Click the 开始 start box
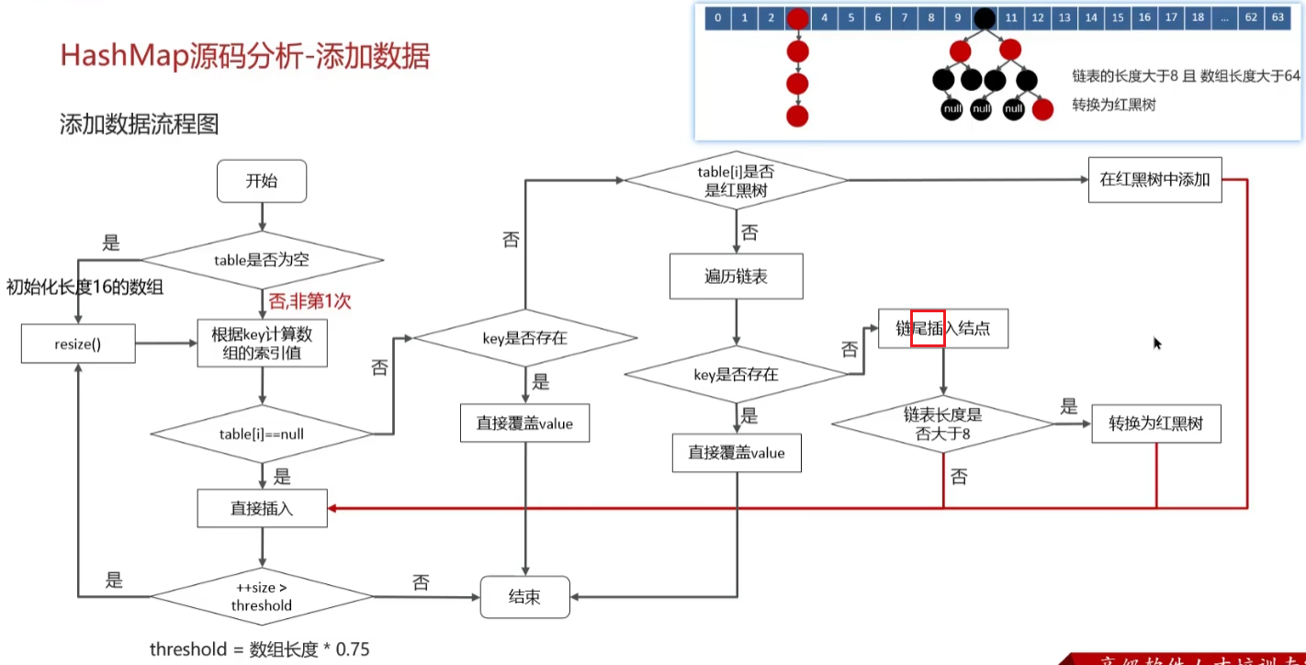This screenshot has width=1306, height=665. point(262,181)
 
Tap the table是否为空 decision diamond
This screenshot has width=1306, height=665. point(262,260)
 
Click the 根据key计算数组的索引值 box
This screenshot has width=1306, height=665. point(263,343)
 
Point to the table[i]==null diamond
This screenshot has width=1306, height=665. point(262,434)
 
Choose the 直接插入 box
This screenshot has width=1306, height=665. point(263,508)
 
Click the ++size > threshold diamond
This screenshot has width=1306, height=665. point(262,597)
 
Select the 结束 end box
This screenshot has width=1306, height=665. point(524,597)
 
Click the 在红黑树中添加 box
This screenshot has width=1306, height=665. point(1154,180)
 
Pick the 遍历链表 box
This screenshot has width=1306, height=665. point(736,276)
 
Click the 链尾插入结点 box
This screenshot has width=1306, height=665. point(943,329)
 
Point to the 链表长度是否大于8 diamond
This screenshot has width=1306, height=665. point(943,425)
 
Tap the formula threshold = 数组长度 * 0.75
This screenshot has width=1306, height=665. point(259,649)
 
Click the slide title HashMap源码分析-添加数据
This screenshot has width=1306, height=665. point(244,56)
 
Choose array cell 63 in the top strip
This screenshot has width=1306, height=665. point(1278,18)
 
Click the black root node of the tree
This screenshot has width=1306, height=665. point(985,18)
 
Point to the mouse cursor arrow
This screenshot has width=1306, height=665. point(1156,342)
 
